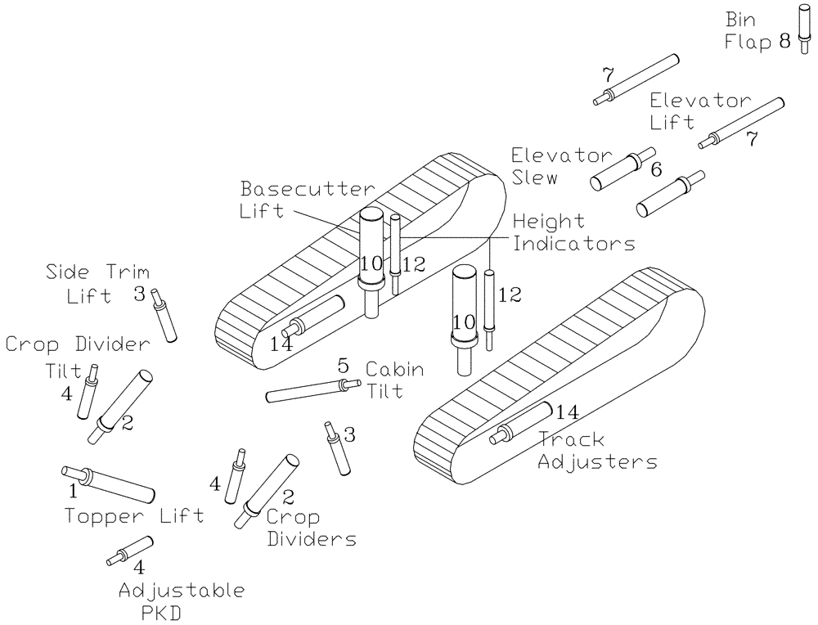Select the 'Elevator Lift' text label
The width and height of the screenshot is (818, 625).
[699, 111]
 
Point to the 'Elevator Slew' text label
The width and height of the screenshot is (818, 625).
[561, 166]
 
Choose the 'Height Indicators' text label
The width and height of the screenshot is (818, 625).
[573, 232]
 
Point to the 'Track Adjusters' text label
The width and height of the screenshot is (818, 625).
[597, 451]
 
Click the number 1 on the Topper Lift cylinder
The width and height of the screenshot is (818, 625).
[72, 491]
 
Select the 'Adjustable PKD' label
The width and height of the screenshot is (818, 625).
[181, 600]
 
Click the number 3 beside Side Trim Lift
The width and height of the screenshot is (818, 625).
[139, 293]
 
